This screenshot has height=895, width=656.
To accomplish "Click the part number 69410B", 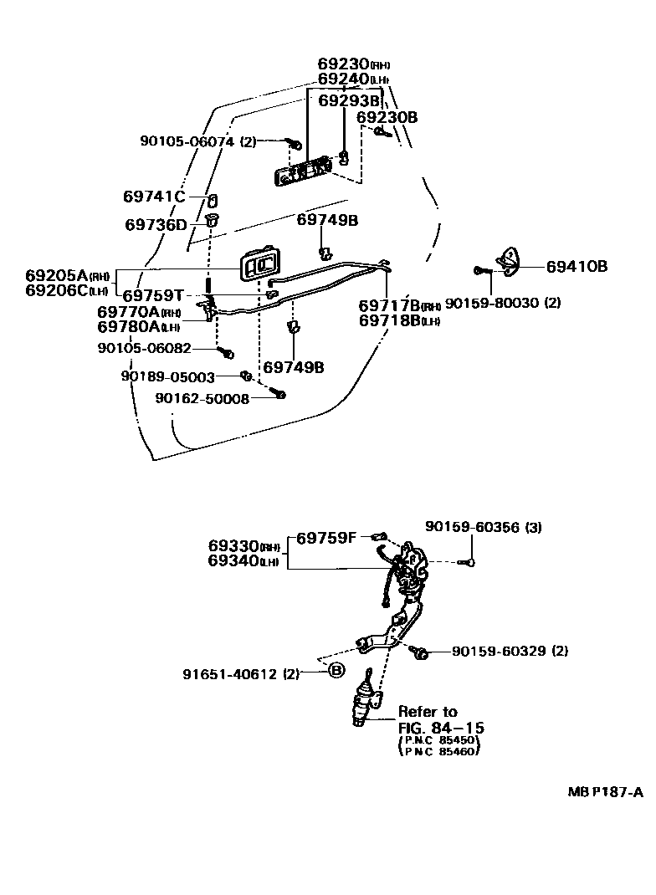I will tap(577, 267).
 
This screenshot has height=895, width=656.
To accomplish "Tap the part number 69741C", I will tap(153, 197).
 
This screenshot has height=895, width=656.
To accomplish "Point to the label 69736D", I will tap(156, 224).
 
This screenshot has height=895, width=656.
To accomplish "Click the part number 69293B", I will tap(349, 100).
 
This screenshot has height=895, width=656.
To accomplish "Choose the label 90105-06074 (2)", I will tap(197, 141).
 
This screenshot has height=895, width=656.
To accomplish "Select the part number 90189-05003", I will tap(167, 377).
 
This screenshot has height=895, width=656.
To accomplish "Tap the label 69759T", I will tap(153, 296).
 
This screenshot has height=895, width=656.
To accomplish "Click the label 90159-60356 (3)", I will tap(483, 527).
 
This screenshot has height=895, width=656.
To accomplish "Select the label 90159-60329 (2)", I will tap(510, 651).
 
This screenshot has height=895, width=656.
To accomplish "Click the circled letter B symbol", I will tap(336, 670).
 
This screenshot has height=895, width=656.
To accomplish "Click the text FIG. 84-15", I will tap(441, 728).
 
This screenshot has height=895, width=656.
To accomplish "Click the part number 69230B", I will tap(387, 117).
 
